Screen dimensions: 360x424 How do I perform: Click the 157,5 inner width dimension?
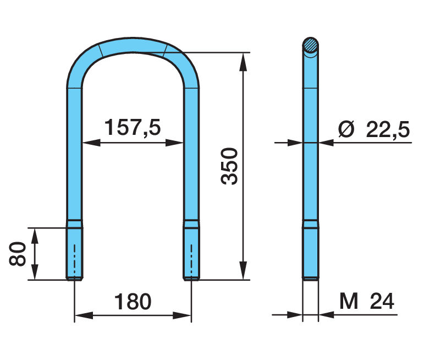(133, 128)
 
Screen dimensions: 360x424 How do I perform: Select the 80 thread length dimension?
(18, 253)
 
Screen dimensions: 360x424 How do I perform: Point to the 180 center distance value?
(132, 302)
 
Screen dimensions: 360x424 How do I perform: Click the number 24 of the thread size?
(382, 301)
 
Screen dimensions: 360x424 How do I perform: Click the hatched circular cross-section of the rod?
(311, 46)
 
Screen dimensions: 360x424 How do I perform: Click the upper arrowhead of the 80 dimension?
(34, 233)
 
